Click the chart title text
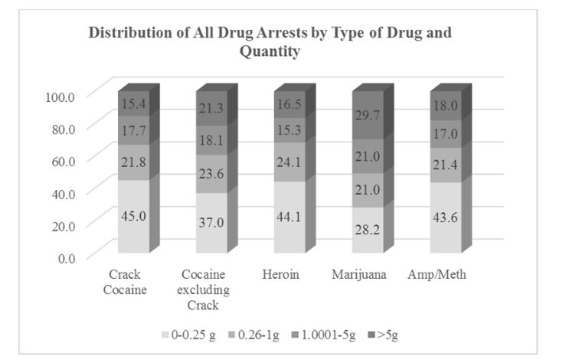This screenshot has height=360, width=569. (281, 43)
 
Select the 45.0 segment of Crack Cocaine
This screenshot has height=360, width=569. (133, 217)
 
